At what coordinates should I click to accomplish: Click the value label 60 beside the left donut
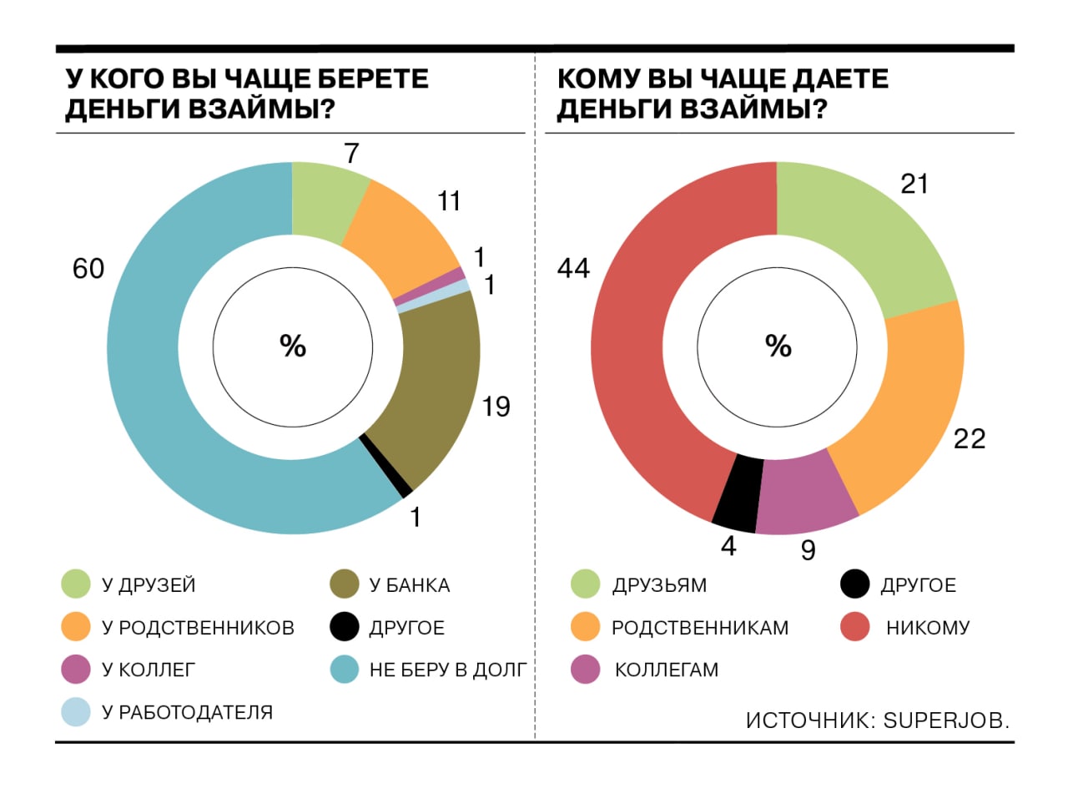click(x=88, y=270)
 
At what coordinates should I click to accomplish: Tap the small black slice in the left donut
click(x=385, y=464)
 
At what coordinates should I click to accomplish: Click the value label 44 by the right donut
click(x=573, y=269)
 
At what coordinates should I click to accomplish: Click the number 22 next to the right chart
click(x=970, y=438)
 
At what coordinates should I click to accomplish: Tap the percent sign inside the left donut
click(x=293, y=346)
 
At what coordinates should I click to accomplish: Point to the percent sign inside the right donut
click(x=778, y=346)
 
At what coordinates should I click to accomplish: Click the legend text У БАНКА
click(x=410, y=585)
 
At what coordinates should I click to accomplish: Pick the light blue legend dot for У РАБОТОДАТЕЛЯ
click(x=76, y=712)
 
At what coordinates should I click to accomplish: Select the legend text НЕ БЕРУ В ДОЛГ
click(x=447, y=670)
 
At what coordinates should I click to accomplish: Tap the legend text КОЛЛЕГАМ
click(x=666, y=670)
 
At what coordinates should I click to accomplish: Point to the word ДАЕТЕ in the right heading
click(x=831, y=80)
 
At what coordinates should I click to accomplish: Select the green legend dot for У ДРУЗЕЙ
click(x=76, y=585)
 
